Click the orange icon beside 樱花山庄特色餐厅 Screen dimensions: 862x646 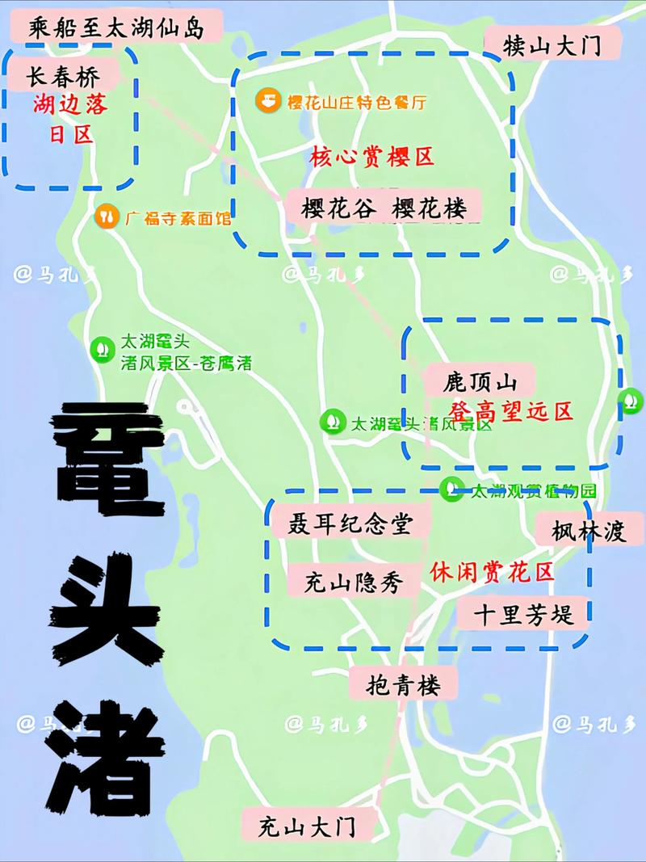[x=267, y=102]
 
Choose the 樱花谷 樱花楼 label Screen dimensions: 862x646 [x=384, y=208]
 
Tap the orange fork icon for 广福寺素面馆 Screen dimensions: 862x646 [x=107, y=217]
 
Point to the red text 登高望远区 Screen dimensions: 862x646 [x=510, y=410]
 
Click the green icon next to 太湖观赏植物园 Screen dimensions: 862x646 [x=451, y=488]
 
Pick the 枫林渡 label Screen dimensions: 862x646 [x=589, y=531]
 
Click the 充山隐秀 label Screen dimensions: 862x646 [x=353, y=580]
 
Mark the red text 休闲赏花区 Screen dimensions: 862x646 [x=492, y=572]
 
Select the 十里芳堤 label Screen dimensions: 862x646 [x=524, y=615]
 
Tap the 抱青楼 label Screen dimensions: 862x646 [x=405, y=686]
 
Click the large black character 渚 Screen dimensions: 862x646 [x=105, y=747]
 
